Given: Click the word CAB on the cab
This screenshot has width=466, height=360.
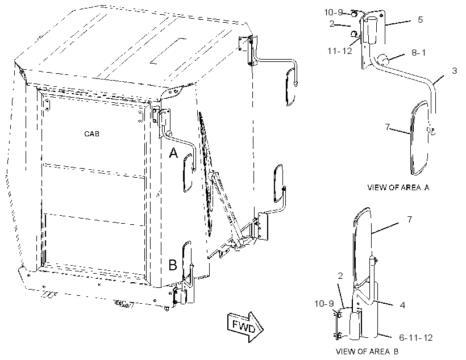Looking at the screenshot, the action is [x=91, y=133].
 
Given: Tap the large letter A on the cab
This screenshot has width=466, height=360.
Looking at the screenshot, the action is [x=173, y=153].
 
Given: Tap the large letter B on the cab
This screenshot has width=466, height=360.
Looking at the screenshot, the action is [x=173, y=265].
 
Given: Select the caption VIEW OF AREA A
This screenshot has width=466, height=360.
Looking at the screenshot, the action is [x=398, y=187].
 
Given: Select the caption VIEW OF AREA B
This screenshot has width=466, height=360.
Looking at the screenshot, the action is [x=367, y=351].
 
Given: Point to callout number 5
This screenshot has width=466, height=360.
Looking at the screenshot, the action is [x=420, y=20].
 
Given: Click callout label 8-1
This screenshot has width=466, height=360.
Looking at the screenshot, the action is [x=418, y=53].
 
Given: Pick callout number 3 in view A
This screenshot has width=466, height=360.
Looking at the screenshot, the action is [x=454, y=70].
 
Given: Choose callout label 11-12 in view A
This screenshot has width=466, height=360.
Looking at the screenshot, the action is [x=339, y=51].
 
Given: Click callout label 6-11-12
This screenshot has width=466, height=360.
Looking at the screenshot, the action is [x=416, y=338].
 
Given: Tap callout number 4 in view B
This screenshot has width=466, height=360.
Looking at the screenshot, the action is [x=402, y=305].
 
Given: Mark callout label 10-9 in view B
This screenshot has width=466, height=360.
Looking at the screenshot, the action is [x=324, y=304].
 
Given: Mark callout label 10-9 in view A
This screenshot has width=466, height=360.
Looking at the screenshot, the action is [x=333, y=12].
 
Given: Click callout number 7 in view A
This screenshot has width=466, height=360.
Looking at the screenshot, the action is [x=387, y=127].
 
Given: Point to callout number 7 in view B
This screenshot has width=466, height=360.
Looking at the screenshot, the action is [x=410, y=220].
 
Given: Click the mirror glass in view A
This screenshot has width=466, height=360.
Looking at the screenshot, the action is [x=419, y=138].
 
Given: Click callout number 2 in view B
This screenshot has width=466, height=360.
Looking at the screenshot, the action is [x=340, y=276].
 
